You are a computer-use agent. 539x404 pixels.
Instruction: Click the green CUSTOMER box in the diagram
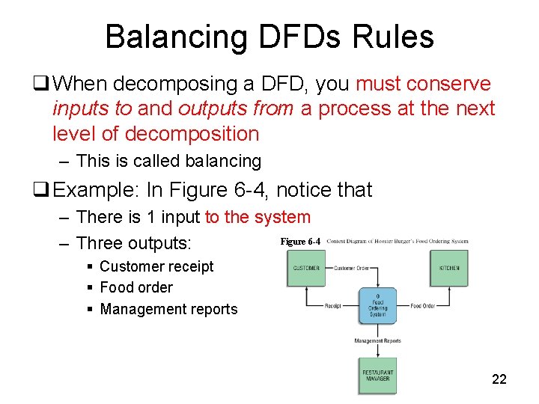[306, 268]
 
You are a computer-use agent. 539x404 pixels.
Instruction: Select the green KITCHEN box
[451, 268]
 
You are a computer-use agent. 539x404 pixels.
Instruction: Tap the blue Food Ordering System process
[377, 305]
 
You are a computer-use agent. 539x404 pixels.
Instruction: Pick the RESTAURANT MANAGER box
[377, 376]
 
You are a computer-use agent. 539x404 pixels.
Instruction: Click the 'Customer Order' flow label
[352, 268]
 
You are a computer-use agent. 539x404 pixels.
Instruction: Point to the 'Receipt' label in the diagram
[333, 305]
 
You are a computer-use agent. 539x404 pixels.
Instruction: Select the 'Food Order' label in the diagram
[423, 305]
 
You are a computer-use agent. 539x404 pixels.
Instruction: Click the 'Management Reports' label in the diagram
[377, 341]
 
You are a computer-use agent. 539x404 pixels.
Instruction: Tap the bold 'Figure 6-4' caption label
[300, 242]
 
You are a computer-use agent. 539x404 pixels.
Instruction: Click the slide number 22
[499, 379]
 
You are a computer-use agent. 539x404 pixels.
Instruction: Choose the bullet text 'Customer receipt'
[156, 266]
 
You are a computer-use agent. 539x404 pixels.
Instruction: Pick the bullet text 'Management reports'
[168, 309]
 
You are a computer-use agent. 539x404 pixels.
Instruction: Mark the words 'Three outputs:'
[134, 243]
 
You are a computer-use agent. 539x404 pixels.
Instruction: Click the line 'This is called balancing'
[168, 161]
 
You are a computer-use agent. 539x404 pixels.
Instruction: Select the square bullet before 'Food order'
[90, 288]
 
